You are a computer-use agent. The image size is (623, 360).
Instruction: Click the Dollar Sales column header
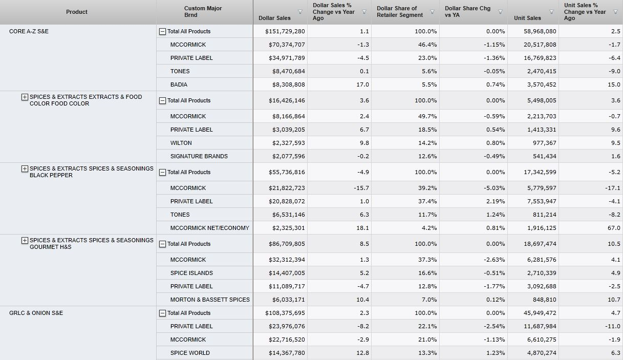274,18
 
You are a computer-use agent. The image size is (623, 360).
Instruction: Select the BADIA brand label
179,84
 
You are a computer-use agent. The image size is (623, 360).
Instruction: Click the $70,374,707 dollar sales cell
286,45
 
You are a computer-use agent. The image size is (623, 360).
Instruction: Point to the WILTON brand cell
181,143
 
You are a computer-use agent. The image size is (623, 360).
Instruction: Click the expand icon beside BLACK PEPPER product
25,168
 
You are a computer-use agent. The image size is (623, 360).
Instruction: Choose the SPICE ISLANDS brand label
191,273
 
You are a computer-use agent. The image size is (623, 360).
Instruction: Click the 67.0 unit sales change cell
614,228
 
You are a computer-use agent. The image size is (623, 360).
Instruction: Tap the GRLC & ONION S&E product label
36,313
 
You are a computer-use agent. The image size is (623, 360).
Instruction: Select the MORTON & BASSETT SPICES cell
210,300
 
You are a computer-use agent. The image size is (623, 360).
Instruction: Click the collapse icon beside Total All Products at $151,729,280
163,32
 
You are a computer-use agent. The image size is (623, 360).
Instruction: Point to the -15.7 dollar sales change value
361,188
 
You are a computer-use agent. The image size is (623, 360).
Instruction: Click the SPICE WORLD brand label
190,353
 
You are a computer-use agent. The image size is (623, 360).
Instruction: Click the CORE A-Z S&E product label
29,31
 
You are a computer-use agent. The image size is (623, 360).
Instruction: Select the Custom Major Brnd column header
203,12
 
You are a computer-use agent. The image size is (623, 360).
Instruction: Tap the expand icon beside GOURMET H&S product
25,240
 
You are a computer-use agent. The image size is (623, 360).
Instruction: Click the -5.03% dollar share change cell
495,188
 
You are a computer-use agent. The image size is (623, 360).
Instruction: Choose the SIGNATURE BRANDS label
199,156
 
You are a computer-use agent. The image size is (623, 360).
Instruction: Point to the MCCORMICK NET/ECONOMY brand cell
209,228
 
